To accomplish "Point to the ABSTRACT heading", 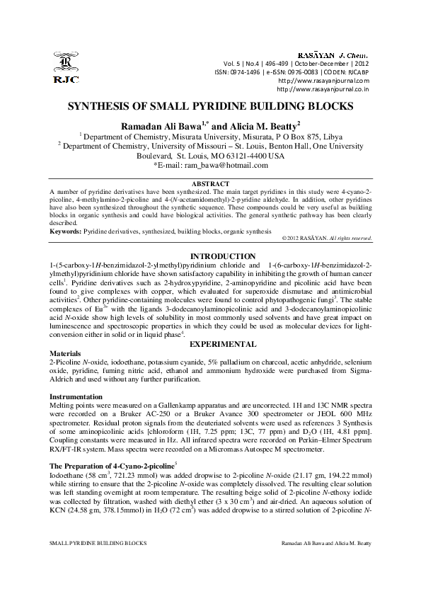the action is (x=210, y=183).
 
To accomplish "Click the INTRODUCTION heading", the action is (x=210, y=256).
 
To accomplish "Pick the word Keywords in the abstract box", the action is (x=65, y=231).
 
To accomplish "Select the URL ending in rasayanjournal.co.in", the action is (x=323, y=89).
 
